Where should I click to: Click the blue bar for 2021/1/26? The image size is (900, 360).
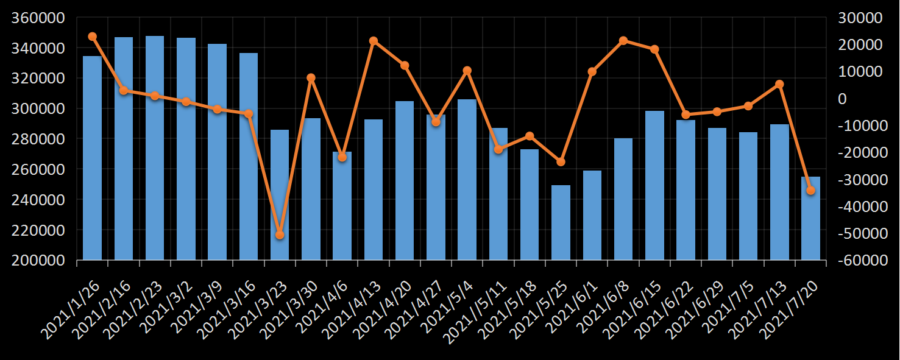(x=92, y=158)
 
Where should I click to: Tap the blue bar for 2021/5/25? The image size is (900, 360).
(x=561, y=222)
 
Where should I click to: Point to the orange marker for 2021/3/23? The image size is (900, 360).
(x=280, y=235)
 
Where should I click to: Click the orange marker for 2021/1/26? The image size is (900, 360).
(x=92, y=37)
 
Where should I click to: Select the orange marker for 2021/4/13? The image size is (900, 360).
(x=374, y=41)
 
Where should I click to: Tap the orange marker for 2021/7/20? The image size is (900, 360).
(x=810, y=191)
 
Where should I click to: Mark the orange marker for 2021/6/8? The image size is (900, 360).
(x=623, y=41)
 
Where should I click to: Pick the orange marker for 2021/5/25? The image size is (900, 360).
(x=561, y=161)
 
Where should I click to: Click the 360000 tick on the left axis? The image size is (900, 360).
(x=38, y=18)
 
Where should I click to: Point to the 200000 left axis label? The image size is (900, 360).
(x=38, y=260)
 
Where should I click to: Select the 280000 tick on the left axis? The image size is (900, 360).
(x=38, y=139)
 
